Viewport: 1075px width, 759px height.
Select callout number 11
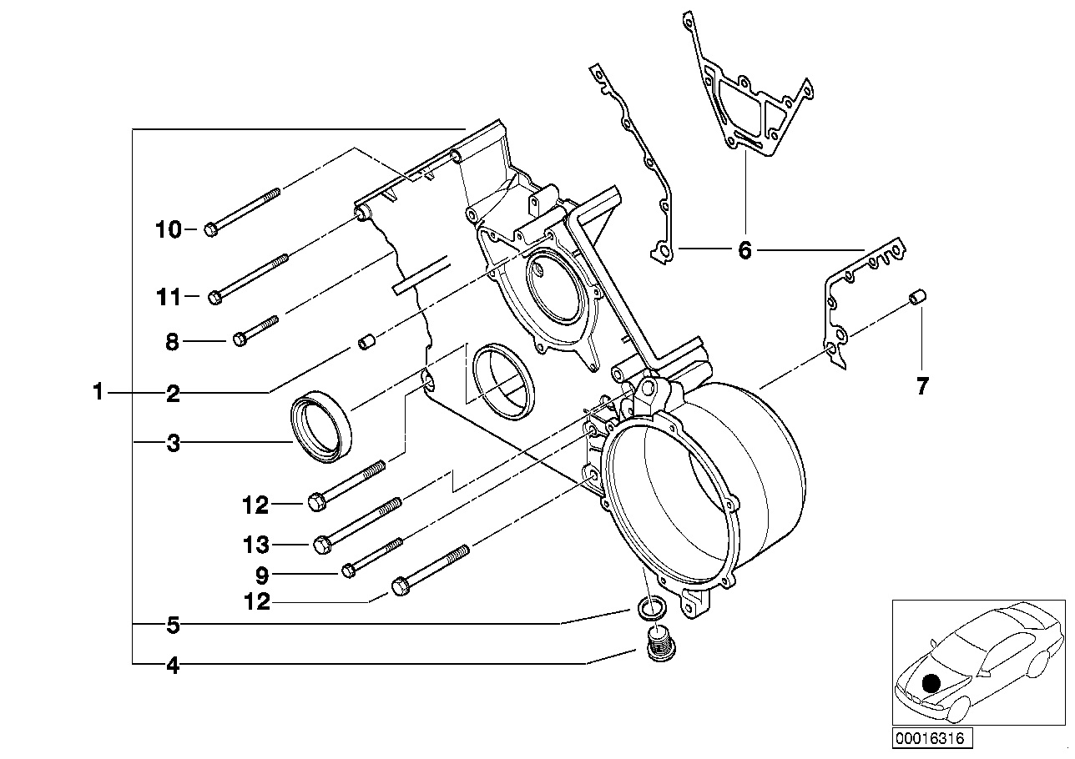(169, 296)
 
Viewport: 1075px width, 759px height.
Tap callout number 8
(173, 342)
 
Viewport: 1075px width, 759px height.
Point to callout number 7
(921, 387)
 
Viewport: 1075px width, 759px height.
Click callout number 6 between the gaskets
(744, 249)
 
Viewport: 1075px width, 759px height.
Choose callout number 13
(256, 546)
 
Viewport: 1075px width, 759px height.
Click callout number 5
(173, 624)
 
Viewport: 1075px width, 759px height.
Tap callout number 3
(173, 444)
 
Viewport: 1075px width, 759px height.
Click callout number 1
(98, 391)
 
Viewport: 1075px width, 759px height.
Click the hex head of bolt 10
(210, 229)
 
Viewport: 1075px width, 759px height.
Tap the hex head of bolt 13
(322, 545)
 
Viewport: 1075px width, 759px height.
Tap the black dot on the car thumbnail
(932, 684)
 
